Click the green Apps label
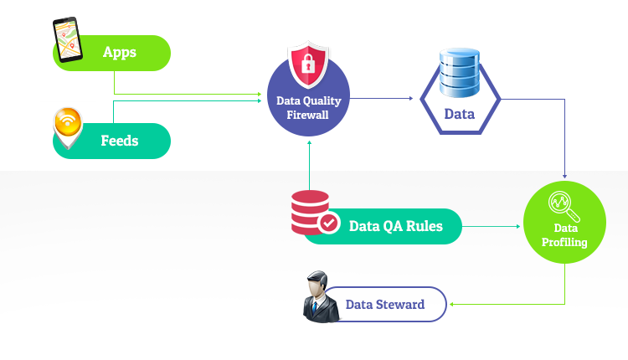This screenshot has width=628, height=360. coord(120,53)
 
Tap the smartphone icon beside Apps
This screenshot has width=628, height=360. coord(66,41)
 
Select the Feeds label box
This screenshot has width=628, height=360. coord(120,141)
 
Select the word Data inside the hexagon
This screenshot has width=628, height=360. coord(460,114)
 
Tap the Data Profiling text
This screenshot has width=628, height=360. coord(564,235)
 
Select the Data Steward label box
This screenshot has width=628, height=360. coord(385,305)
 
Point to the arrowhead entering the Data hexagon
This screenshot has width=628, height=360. coord(411,99)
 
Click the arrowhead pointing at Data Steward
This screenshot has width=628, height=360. coord(452,304)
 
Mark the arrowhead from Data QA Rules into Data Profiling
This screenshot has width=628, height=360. coord(519,226)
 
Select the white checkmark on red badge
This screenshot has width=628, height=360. coord(329,223)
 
